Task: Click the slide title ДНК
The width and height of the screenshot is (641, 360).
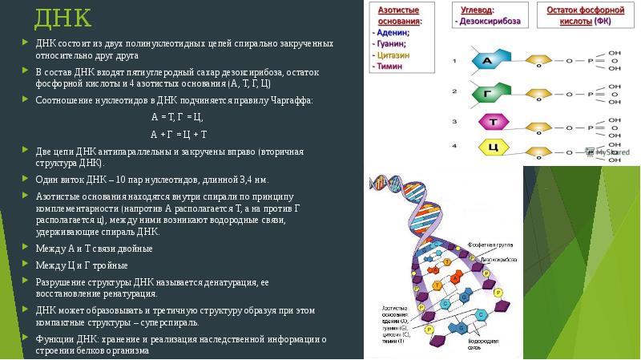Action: pos(62,17)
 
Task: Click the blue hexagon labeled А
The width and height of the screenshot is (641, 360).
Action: pos(486,61)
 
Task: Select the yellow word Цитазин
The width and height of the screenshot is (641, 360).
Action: pos(395,55)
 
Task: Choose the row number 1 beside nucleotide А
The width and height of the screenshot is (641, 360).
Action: pos(454,60)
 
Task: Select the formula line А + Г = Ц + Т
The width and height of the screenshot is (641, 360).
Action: pos(179,133)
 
